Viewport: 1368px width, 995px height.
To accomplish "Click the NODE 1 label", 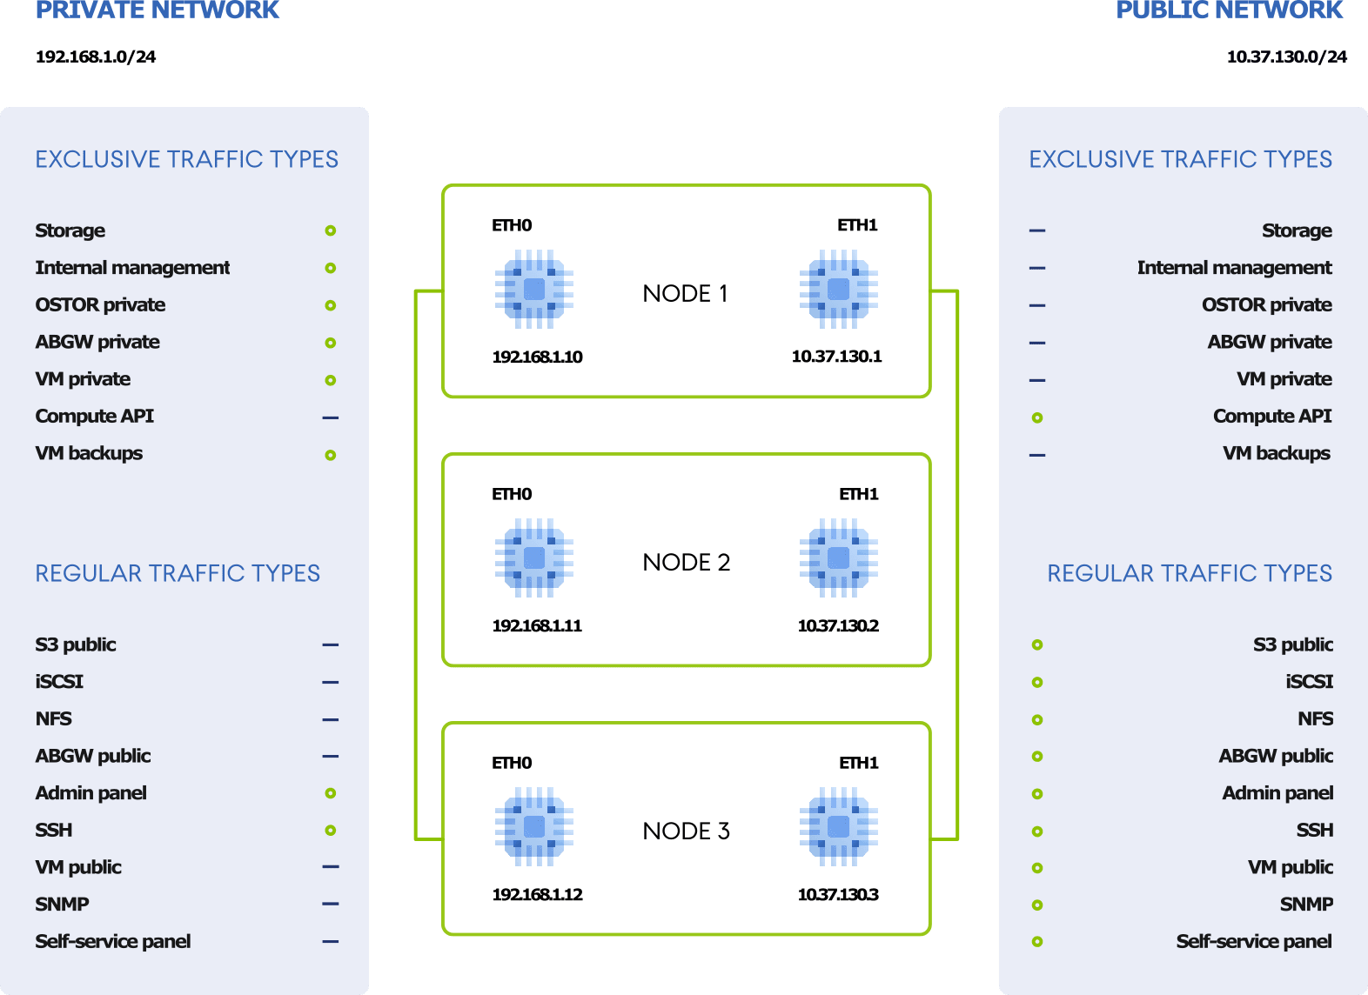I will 685,293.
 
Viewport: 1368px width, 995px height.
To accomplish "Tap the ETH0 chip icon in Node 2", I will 534,558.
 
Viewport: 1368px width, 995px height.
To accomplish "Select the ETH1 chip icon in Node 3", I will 838,826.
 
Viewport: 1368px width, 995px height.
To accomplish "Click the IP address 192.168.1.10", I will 537,357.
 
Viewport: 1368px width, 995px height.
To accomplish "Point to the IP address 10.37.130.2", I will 838,625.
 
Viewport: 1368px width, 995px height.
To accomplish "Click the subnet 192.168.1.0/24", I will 96,57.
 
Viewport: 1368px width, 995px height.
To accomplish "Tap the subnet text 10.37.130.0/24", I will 1286,57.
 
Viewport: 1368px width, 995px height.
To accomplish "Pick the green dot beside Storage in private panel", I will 331,230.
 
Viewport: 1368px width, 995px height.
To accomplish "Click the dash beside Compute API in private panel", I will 331,417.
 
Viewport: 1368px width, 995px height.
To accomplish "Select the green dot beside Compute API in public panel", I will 1037,417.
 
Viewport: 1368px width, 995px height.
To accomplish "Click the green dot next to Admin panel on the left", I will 331,793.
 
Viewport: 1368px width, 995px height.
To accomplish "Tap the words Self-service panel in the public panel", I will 1253,941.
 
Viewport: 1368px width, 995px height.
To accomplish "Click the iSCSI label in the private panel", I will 59,681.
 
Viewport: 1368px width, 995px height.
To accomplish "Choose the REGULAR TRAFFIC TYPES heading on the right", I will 1189,573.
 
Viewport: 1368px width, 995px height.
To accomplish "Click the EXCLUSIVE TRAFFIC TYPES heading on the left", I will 186,159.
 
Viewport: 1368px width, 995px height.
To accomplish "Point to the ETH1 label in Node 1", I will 857,225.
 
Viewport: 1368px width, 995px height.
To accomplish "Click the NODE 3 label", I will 686,831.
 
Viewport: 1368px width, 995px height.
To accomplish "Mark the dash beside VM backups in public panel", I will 1037,455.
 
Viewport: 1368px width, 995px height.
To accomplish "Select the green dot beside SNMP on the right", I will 1037,905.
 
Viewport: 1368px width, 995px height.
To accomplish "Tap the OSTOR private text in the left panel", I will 100,304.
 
